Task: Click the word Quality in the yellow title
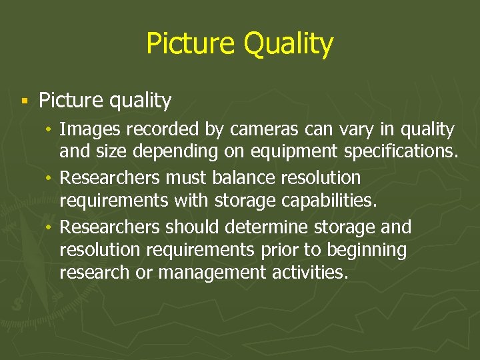(x=288, y=44)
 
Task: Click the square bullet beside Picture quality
(x=24, y=101)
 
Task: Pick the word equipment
(x=307, y=152)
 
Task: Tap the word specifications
(x=401, y=152)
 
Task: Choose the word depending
(x=176, y=152)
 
